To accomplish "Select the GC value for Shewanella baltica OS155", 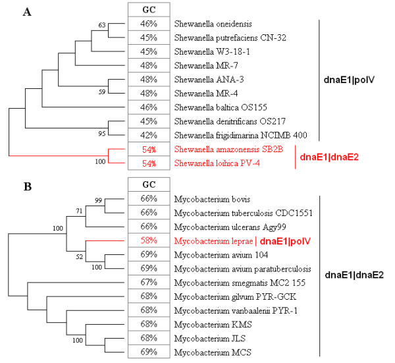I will click(149, 105).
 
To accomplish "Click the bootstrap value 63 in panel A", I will click(101, 26).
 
